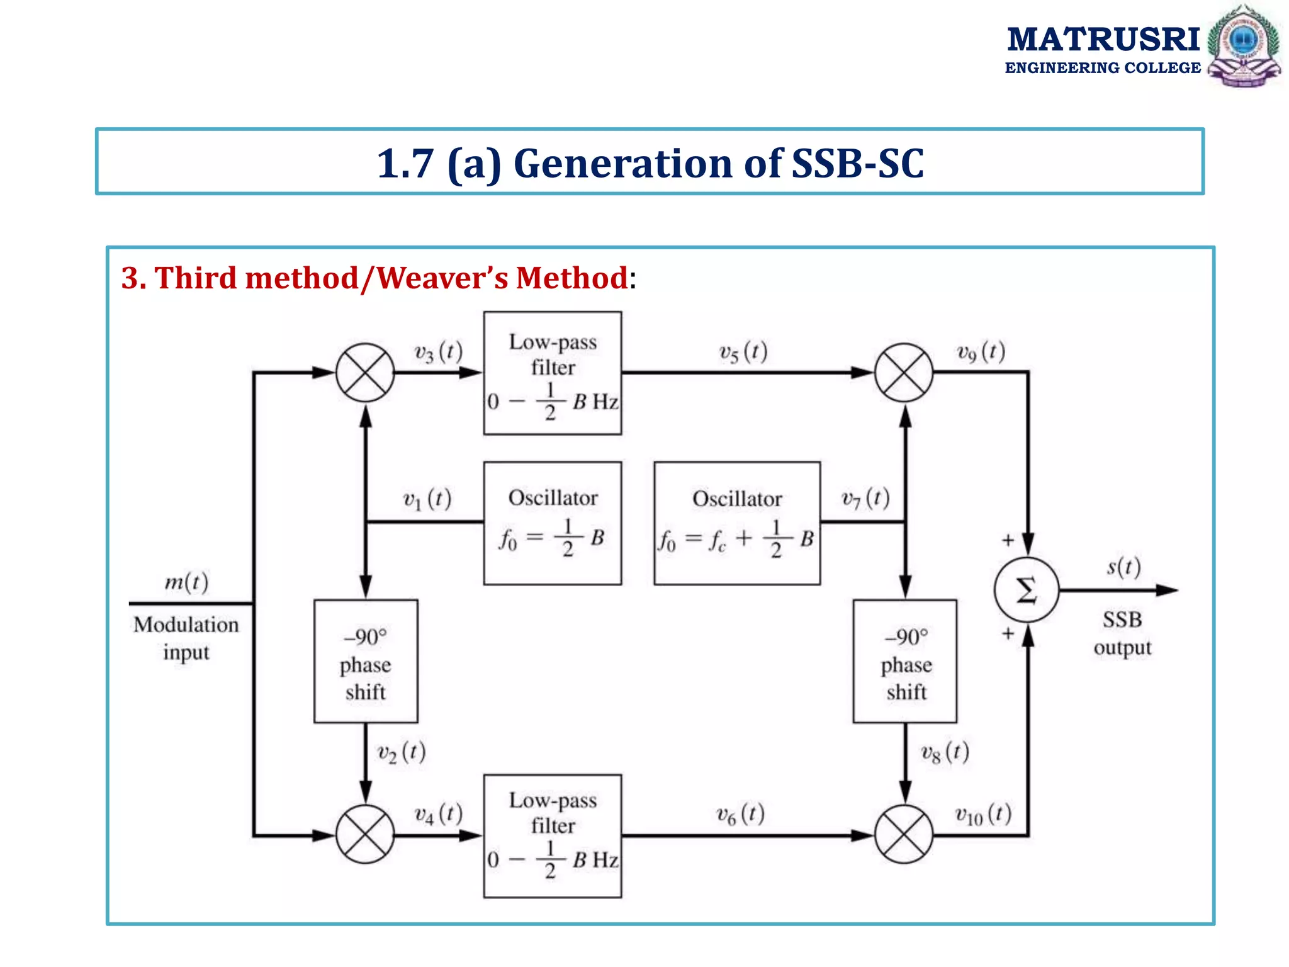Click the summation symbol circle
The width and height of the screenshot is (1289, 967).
click(1027, 590)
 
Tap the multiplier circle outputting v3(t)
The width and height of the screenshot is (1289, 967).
click(365, 373)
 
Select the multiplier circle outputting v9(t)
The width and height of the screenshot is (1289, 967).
click(904, 373)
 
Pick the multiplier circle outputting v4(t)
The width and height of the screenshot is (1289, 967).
click(365, 835)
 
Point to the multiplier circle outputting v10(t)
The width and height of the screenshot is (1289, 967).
click(904, 835)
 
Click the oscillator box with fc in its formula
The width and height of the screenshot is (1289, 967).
click(737, 523)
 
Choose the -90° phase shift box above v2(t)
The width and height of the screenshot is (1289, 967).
click(366, 661)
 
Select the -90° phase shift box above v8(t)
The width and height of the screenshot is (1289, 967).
click(905, 661)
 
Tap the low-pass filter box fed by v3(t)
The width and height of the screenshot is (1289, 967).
click(553, 373)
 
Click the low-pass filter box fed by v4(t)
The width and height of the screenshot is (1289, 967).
click(553, 835)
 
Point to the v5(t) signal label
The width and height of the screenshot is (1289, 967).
click(743, 353)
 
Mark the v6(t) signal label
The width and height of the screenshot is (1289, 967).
click(741, 815)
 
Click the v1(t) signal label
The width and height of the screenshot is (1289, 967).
click(427, 500)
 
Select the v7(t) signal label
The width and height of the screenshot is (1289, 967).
click(866, 499)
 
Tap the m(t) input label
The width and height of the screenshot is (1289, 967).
click(186, 582)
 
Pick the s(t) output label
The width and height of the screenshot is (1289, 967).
click(1124, 567)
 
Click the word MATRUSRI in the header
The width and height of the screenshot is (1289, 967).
click(1103, 39)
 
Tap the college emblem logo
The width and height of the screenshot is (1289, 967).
click(1244, 46)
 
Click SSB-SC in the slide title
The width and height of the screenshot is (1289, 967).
click(857, 164)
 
